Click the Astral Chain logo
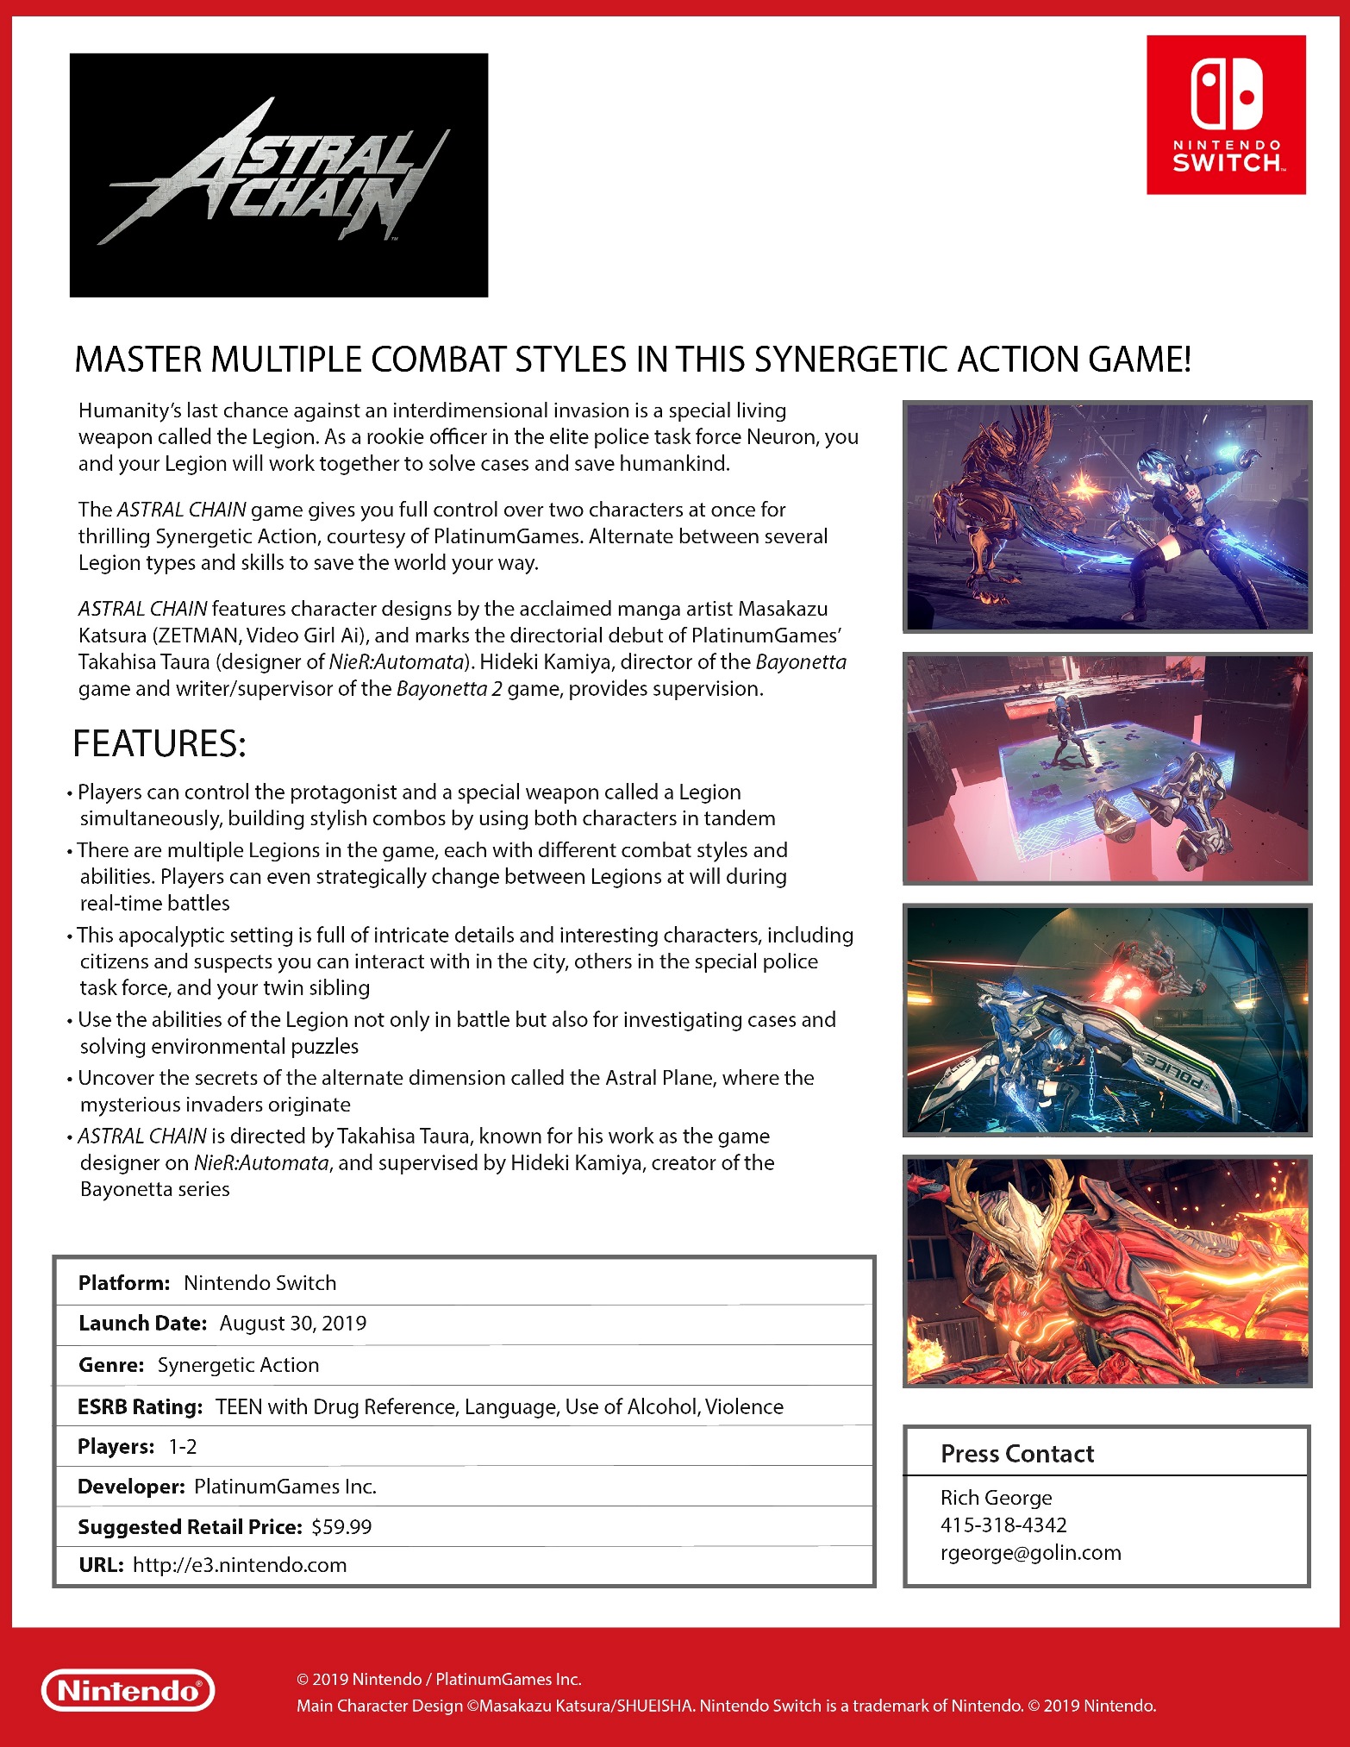278,175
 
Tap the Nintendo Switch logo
1225,115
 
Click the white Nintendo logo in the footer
128,1690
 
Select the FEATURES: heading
159,743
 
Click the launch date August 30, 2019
292,1323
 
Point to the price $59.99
341,1526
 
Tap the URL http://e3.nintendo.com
240,1565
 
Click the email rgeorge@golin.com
1030,1552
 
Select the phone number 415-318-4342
1003,1525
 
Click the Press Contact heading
1016,1454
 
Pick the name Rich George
996,1498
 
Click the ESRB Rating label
140,1406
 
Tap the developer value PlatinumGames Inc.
285,1487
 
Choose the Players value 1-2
183,1446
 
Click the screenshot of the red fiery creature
1107,1272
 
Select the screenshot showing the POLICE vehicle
1107,1020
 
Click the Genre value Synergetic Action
238,1365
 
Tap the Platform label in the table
124,1283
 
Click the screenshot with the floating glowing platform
1107,769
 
